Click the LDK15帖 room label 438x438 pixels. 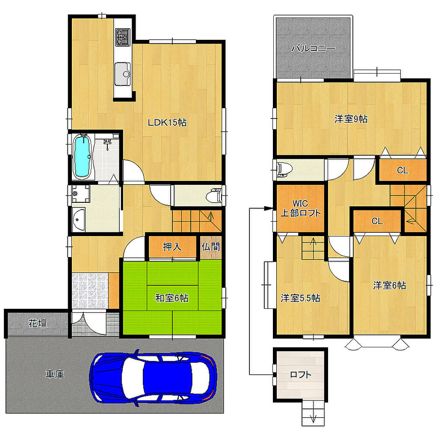[x=167, y=122]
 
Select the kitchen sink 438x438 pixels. [x=123, y=74]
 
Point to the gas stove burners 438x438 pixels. [x=123, y=37]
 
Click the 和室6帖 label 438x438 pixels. [x=172, y=298]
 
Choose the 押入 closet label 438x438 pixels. [x=172, y=247]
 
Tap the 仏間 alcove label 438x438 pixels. [x=210, y=247]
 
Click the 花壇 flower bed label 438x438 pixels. [x=38, y=323]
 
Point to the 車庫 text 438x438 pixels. [x=55, y=374]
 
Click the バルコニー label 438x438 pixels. [x=314, y=48]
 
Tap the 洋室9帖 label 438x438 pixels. [x=351, y=119]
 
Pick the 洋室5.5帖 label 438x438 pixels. [x=300, y=298]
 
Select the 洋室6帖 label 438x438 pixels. [x=389, y=285]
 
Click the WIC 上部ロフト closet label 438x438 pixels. [x=301, y=208]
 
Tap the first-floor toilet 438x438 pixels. [x=214, y=195]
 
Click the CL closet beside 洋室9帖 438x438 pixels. [x=402, y=170]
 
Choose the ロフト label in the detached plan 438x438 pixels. [x=301, y=374]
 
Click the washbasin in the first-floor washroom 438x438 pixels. [x=79, y=219]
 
